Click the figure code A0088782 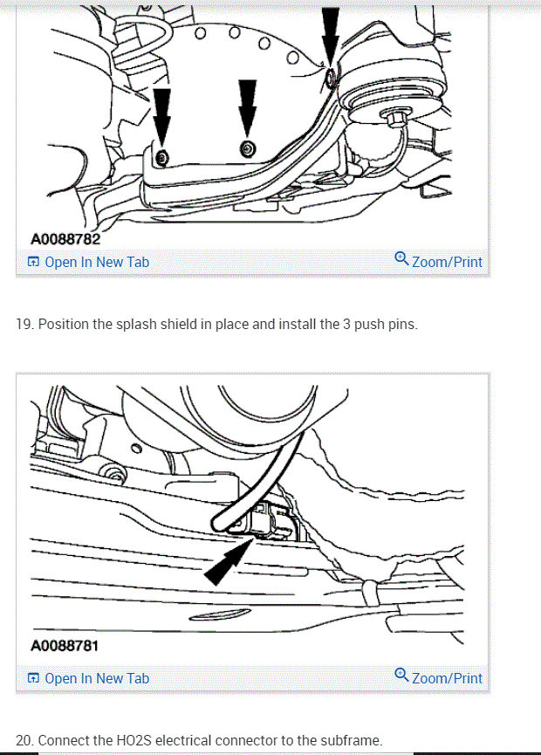click(x=65, y=238)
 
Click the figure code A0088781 click(x=65, y=647)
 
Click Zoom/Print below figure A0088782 click(x=446, y=262)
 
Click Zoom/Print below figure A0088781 click(x=446, y=678)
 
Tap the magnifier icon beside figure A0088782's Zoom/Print click(x=401, y=258)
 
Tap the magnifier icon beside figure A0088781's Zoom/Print click(x=401, y=675)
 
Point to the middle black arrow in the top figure click(x=248, y=105)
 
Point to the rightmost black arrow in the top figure click(x=330, y=35)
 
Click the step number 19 click(x=24, y=325)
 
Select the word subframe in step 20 click(x=349, y=741)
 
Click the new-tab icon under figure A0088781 click(x=33, y=678)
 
